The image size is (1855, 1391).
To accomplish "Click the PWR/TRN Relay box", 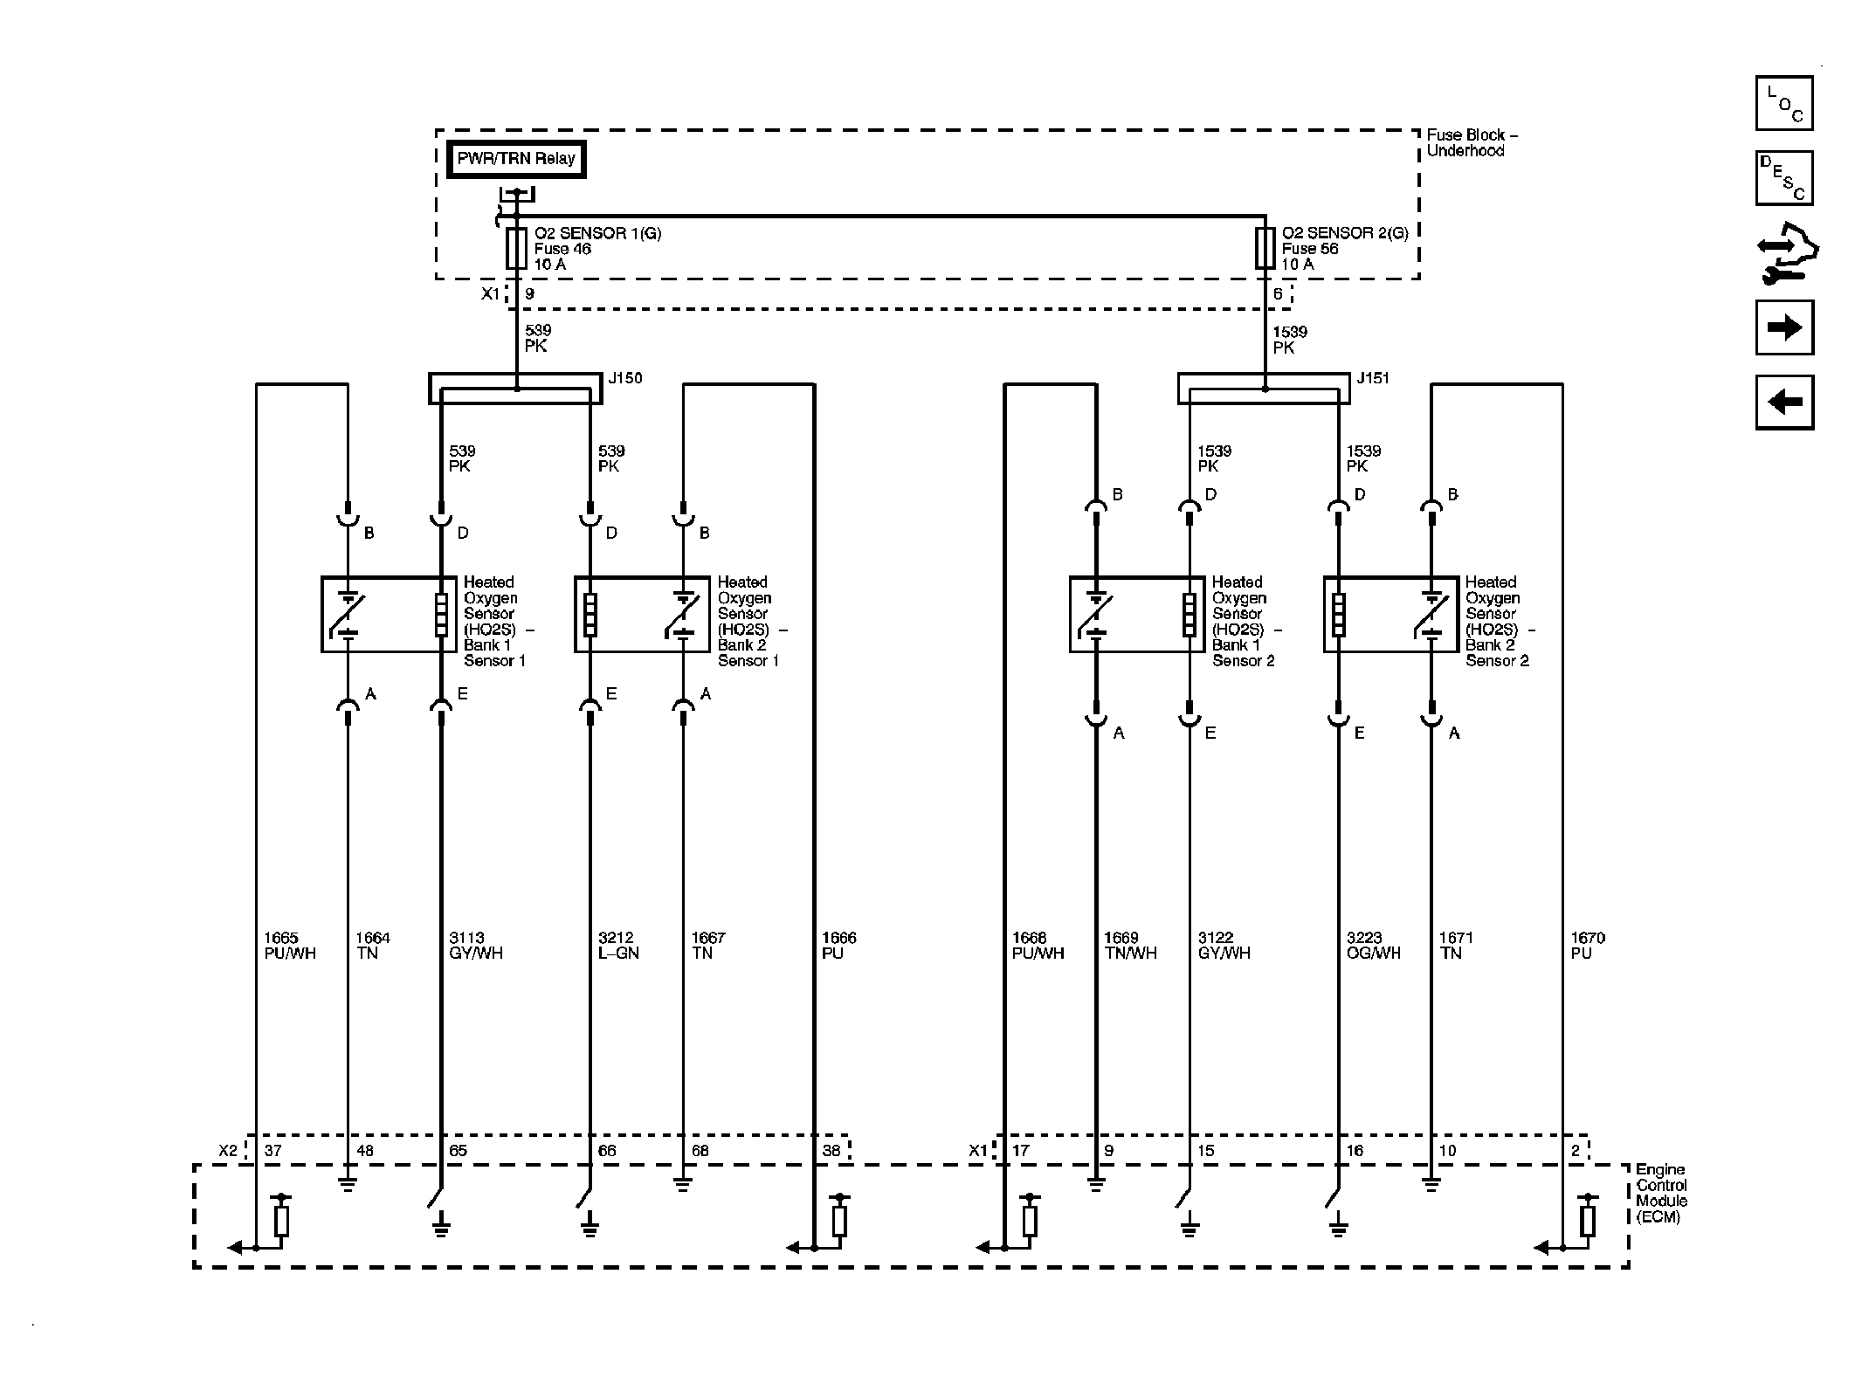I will [515, 160].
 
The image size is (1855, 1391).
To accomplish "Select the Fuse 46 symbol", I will [516, 249].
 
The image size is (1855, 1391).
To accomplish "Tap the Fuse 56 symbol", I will [1265, 249].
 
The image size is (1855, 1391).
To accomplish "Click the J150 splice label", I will [624, 378].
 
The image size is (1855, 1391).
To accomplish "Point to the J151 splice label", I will [1372, 378].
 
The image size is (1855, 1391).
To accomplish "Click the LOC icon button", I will [1783, 104].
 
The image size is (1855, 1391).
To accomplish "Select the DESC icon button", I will [1783, 178].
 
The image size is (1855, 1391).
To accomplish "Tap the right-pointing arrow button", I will [1783, 327].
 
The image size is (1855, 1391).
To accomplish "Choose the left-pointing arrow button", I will [1783, 402].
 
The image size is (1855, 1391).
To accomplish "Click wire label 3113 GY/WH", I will [475, 946].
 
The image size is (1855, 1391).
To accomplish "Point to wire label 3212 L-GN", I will [618, 946].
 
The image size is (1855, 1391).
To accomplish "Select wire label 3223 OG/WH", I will [1373, 946].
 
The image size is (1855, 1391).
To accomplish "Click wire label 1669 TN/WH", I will [1130, 946].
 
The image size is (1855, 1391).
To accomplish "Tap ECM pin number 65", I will [458, 1151].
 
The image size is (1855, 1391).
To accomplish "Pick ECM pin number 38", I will [831, 1151].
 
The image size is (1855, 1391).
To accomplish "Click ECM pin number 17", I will [1020, 1151].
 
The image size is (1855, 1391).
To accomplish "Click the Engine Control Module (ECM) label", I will [1660, 1193].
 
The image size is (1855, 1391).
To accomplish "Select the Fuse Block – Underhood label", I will [1472, 142].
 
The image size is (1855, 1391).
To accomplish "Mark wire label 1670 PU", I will [1587, 946].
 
